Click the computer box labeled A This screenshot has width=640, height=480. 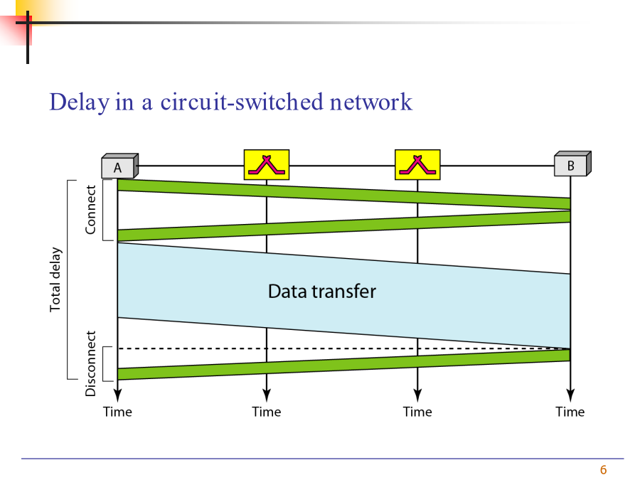coord(119,166)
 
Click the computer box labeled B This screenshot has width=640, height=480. coord(572,164)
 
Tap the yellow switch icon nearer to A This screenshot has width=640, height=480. coord(267,164)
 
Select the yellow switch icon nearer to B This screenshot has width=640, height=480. coord(417,164)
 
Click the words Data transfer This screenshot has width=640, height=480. coord(322,292)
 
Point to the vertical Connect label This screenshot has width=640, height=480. coord(90,210)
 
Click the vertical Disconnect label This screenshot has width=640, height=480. coord(90,363)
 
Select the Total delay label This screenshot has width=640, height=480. coord(55,279)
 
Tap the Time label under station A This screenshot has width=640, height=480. coord(117,412)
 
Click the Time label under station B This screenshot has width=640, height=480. coord(570,412)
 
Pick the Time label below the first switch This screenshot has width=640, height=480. coord(267,412)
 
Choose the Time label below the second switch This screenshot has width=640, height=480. coord(417,412)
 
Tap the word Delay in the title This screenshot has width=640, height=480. coord(80,102)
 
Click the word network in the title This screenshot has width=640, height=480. coord(371,102)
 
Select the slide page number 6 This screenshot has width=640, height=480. coord(603,470)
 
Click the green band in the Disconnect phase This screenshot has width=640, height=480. coord(343,365)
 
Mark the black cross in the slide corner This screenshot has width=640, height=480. coord(28,23)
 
